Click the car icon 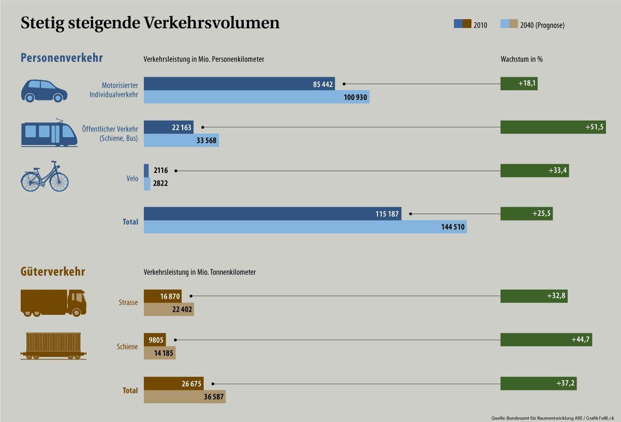pos(44,91)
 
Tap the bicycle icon pos(45,177)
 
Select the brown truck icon pos(53,303)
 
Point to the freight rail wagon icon pos(53,346)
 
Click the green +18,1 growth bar pos(519,84)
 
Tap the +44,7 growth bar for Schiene pos(546,340)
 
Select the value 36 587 pos(212,397)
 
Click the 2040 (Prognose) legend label pos(542,25)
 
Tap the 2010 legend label pos(480,25)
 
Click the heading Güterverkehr pos(53,272)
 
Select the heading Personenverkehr pos(62,57)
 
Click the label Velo pos(132,179)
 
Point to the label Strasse pos(128,302)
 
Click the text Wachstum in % pos(521,60)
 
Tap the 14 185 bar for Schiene pos(159,353)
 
